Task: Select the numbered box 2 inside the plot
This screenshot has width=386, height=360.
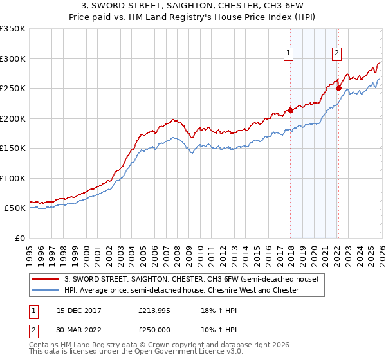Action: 336,53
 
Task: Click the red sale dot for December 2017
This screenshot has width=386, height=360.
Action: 290,110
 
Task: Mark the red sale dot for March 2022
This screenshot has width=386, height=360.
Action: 338,88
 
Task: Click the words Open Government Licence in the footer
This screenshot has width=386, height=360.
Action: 178,352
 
